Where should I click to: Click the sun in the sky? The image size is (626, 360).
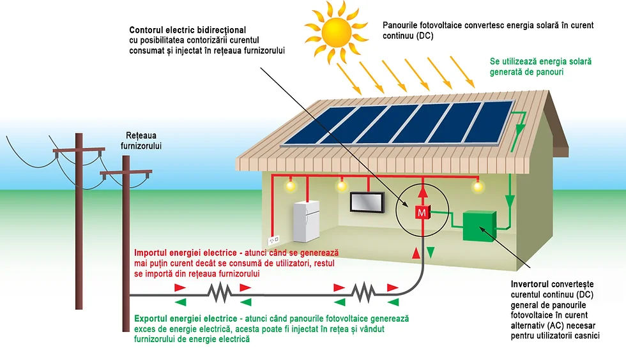coord(336,32)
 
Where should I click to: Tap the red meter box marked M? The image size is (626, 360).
coord(422,213)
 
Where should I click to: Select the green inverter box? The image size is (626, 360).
coord(479,226)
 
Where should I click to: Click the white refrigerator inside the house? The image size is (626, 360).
coord(306,221)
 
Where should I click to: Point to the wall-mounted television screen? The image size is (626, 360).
coord(367,202)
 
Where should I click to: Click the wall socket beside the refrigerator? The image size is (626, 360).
coord(273,240)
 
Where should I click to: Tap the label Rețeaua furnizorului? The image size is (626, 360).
coord(141,140)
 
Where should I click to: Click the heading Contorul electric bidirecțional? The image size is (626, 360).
coord(188,30)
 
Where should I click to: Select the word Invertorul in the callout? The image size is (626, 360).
coord(530,284)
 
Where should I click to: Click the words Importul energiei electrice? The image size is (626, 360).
coord(185,253)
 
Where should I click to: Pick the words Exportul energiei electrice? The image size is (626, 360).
coord(186,319)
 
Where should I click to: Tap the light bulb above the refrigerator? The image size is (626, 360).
coord(290,185)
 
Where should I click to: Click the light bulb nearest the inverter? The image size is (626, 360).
coord(478,186)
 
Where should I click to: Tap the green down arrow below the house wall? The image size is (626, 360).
coord(431,252)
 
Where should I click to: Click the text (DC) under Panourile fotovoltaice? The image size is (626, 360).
coord(425,36)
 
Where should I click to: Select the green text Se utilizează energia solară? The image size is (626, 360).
coord(540,61)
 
